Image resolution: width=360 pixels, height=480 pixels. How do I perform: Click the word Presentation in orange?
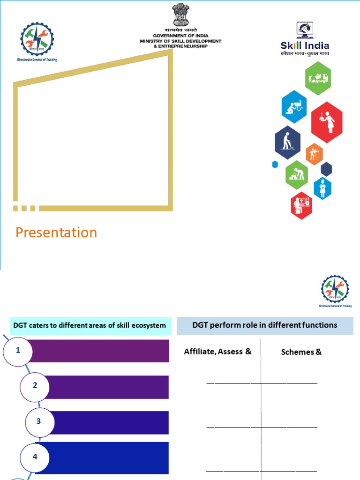[56, 232]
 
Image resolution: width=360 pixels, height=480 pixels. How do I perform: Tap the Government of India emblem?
[180, 15]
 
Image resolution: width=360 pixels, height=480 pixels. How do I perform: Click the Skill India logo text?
[305, 45]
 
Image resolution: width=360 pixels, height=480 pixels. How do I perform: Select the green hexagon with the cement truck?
[318, 78]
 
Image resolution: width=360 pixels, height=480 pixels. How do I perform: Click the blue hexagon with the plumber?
[294, 107]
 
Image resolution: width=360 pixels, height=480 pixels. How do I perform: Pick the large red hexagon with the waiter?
[327, 122]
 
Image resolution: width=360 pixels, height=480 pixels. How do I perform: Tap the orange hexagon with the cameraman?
[314, 154]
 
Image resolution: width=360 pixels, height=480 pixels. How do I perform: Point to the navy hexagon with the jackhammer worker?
[287, 142]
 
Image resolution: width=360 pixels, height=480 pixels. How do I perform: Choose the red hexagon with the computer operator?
[301, 205]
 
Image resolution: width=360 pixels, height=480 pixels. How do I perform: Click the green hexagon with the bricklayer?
[297, 174]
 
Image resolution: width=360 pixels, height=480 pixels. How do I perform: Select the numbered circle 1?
[18, 351]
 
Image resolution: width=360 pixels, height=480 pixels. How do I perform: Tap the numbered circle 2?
[35, 386]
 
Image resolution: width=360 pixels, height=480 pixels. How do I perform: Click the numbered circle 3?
[39, 421]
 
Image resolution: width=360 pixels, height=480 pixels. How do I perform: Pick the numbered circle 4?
[35, 457]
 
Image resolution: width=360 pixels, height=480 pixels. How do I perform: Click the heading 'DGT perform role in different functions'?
[265, 325]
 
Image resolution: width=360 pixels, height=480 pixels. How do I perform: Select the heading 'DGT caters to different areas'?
[89, 325]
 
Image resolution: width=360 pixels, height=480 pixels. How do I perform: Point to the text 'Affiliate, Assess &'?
[217, 352]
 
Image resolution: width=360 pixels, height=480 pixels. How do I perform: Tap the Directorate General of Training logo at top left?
[37, 41]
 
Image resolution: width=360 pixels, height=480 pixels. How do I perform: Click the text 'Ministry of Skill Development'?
[180, 41]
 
